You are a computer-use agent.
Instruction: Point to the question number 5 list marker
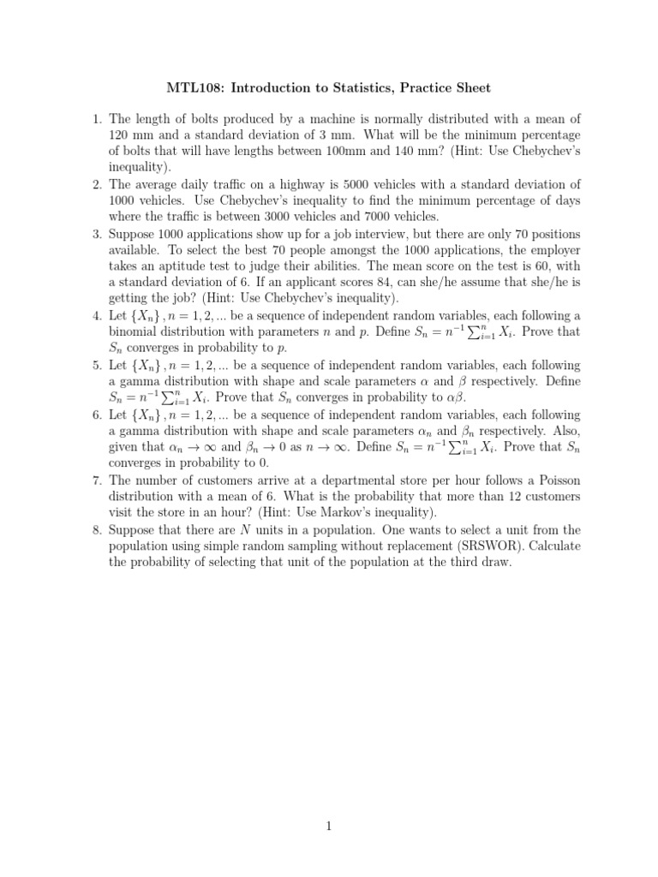pyautogui.click(x=96, y=365)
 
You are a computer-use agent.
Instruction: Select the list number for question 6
pyautogui.click(x=96, y=414)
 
